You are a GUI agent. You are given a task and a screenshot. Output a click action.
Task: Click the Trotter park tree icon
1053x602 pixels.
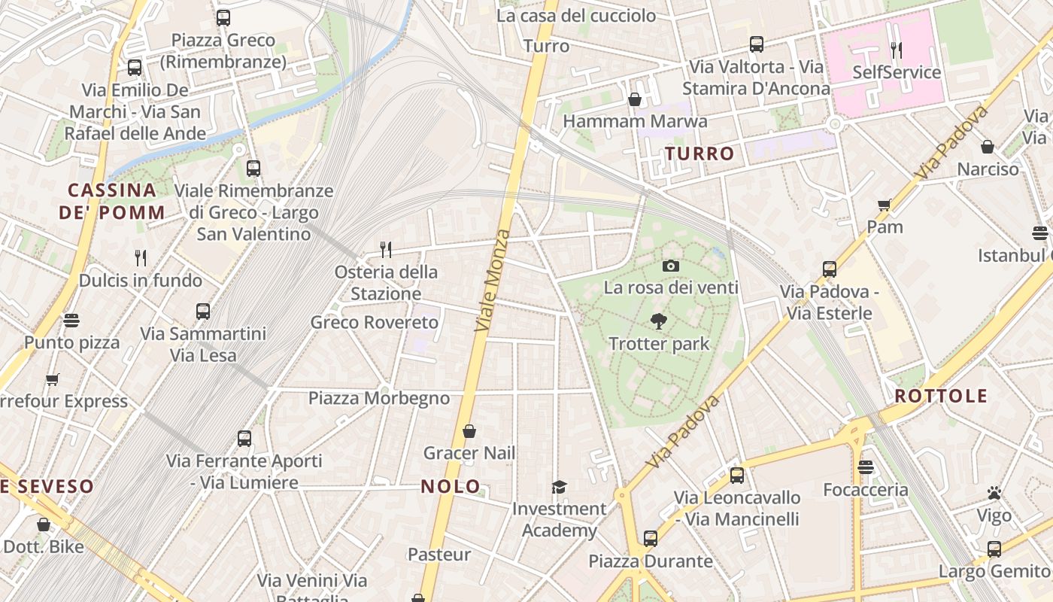pyautogui.click(x=659, y=321)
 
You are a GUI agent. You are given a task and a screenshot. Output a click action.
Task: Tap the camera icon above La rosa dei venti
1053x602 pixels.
pyautogui.click(x=671, y=266)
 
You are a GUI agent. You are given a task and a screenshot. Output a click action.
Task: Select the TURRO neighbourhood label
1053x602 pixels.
pyautogui.click(x=699, y=154)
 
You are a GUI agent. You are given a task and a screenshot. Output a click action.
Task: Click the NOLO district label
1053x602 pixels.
pyautogui.click(x=451, y=486)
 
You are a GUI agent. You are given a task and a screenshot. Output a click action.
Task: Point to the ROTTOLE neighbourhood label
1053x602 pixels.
pyautogui.click(x=941, y=396)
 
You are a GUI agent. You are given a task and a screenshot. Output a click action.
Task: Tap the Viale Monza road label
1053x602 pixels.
pyautogui.click(x=493, y=280)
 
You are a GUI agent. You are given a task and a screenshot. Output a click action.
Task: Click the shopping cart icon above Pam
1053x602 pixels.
pyautogui.click(x=885, y=205)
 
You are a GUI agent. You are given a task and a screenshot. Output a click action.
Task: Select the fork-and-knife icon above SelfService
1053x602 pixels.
pyautogui.click(x=896, y=50)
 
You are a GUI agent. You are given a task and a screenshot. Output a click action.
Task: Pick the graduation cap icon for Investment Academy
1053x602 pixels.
pyautogui.click(x=559, y=487)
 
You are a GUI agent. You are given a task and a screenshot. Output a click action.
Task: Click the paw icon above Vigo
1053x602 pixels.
pyautogui.click(x=994, y=494)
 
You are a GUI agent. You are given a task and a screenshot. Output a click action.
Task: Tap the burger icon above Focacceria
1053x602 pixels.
pyautogui.click(x=866, y=467)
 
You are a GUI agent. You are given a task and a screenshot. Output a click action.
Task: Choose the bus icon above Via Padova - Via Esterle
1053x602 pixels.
pyautogui.click(x=830, y=269)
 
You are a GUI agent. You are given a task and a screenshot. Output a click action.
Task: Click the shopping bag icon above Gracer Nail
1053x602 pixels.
pyautogui.click(x=469, y=431)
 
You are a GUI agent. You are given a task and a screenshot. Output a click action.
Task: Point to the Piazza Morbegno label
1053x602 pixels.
pyautogui.click(x=379, y=398)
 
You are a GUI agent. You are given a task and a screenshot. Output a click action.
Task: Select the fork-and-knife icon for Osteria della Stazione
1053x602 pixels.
pyautogui.click(x=386, y=249)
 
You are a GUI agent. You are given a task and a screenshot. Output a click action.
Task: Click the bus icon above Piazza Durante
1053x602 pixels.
pyautogui.click(x=651, y=539)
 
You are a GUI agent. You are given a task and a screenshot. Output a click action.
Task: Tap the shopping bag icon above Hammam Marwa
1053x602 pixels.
pyautogui.click(x=635, y=99)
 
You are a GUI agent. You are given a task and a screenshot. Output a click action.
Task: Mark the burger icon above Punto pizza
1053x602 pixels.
pyautogui.click(x=71, y=321)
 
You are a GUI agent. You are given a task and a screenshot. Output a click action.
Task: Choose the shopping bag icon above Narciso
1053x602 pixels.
pyautogui.click(x=988, y=147)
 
